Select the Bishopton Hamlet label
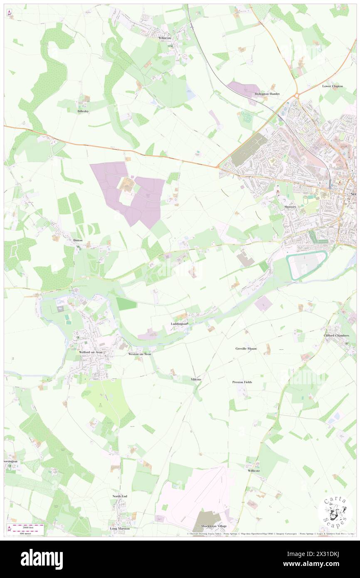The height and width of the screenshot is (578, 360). coord(267,94)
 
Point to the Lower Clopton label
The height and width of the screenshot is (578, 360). coord(333,86)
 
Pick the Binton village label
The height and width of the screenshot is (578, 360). coord(78,240)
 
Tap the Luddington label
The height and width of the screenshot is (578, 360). coord(179,324)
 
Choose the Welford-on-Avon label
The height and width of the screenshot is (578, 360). coord(90,352)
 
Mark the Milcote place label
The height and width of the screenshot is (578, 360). coord(196,380)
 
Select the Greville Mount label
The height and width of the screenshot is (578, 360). coord(246,348)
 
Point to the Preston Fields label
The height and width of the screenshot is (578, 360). coord(242,382)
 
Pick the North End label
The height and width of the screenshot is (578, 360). coord(120,496)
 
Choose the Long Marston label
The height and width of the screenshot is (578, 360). coord(120,529)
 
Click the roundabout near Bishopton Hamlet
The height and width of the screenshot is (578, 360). coord(297,96)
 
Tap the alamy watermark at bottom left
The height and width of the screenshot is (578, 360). coord(42,559)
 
